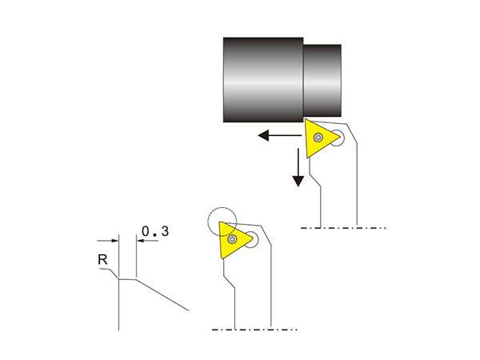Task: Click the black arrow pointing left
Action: (280, 135)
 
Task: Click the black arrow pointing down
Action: (298, 167)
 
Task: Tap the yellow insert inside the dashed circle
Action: (234, 240)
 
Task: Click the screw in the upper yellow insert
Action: (318, 138)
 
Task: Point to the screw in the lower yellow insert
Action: (232, 239)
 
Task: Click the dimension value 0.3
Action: (155, 231)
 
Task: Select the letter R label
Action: (102, 260)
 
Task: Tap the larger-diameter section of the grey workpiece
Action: (263, 80)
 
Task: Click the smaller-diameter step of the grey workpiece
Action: (322, 81)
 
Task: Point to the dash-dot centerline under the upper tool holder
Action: (343, 228)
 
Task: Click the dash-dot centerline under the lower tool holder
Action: (254, 330)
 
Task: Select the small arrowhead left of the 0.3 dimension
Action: (114, 241)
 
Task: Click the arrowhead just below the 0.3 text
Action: (140, 241)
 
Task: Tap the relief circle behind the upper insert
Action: (337, 138)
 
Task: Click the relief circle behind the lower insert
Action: (251, 240)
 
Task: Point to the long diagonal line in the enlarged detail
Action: (162, 295)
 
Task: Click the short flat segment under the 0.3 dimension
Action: (127, 279)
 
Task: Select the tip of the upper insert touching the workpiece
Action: (306, 119)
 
